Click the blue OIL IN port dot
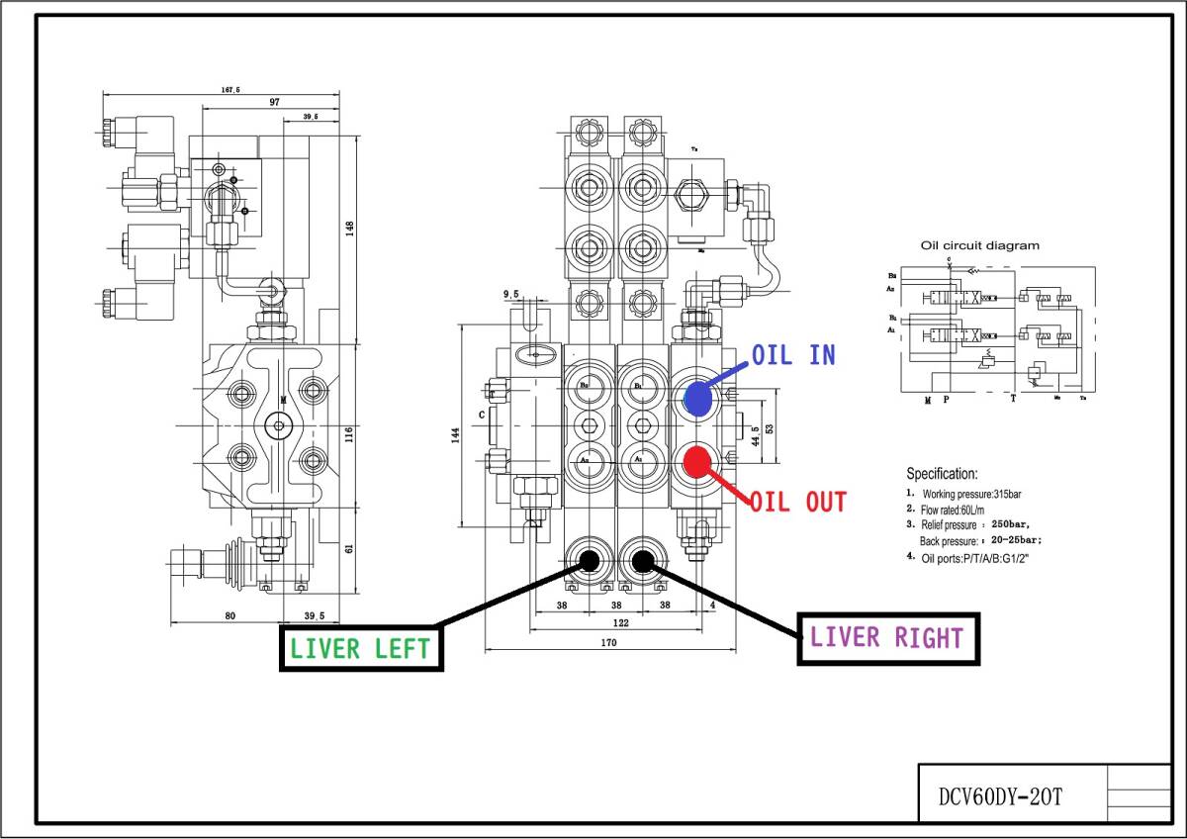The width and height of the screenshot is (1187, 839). click(698, 399)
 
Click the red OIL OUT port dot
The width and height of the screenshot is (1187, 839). click(698, 462)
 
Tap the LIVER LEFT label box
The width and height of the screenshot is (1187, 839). click(360, 648)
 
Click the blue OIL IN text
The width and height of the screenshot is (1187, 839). click(793, 355)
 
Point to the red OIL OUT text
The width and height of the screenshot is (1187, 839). click(798, 502)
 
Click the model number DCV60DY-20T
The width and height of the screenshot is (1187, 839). click(1002, 797)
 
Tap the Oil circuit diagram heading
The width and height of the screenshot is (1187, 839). click(980, 245)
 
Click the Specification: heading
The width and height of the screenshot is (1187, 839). click(942, 474)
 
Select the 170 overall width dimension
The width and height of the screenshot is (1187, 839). click(608, 643)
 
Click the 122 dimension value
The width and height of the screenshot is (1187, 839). click(619, 623)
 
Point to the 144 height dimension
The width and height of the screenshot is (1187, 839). click(456, 435)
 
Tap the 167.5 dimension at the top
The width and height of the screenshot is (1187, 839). click(230, 90)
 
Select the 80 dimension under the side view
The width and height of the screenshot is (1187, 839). click(230, 615)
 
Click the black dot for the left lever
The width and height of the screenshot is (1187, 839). click(590, 562)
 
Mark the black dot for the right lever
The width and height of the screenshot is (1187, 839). click(643, 562)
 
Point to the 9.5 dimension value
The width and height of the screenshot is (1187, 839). click(511, 294)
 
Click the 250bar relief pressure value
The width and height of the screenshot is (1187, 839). click(1015, 524)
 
